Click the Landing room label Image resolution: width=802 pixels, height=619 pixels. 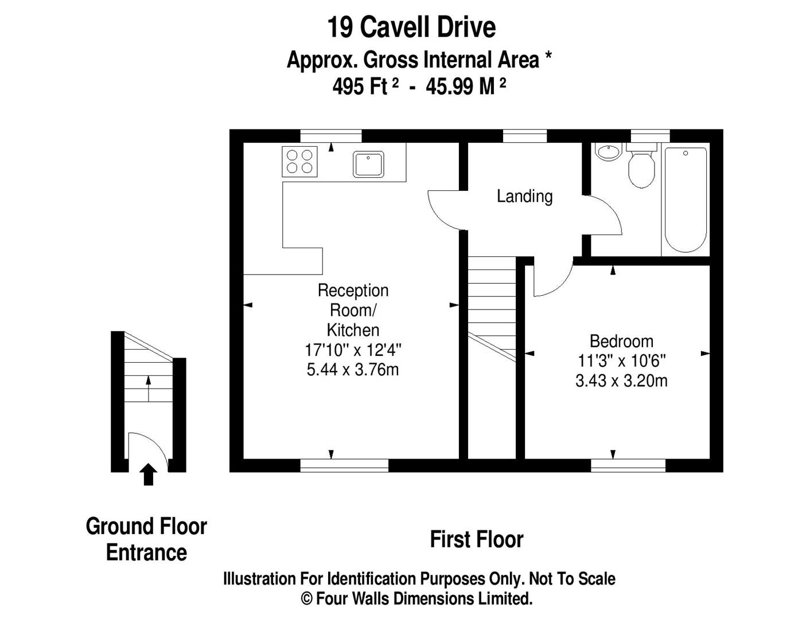point(524,197)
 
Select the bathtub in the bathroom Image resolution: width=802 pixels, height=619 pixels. point(686,199)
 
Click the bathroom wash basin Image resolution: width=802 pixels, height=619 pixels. point(608,152)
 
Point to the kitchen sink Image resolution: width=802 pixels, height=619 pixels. point(368,164)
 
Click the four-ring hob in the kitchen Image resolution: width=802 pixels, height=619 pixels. point(299,162)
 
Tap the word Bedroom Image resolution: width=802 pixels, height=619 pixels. point(621,341)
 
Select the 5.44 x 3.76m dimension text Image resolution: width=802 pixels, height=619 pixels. point(352,370)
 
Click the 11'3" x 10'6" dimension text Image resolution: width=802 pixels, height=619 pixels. point(621,361)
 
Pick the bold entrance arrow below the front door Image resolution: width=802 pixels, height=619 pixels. point(149,474)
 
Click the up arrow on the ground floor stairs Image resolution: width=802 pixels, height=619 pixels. point(149,388)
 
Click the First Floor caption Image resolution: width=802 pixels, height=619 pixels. point(477,539)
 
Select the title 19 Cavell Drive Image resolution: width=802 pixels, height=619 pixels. point(411,28)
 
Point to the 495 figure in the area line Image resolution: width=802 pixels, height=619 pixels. point(347,87)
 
